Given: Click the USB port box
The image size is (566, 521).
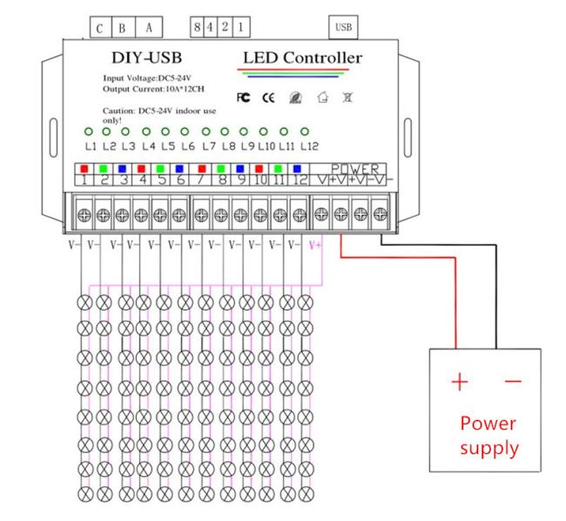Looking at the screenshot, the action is (x=343, y=27).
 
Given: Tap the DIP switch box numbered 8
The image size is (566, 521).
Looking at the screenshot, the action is (x=197, y=27).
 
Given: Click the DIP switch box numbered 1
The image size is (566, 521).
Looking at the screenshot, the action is (x=240, y=27).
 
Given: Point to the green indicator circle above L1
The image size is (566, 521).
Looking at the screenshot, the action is (x=89, y=131).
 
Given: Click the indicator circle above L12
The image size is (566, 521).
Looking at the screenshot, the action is (x=305, y=131).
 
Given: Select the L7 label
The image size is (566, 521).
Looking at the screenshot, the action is (x=209, y=146).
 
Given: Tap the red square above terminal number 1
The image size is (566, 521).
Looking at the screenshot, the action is (x=84, y=169).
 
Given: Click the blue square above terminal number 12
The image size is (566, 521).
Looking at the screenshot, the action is (x=297, y=169).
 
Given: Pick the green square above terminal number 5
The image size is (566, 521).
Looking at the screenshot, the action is (x=160, y=169).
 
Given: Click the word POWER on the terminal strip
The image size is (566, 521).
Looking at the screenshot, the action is (x=355, y=169).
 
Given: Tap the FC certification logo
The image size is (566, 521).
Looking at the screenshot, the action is (x=243, y=97).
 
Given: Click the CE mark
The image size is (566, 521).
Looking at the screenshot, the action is (x=268, y=97).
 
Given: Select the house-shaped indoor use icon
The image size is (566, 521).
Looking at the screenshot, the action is (x=323, y=97).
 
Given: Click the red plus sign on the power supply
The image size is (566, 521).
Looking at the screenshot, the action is (x=460, y=382).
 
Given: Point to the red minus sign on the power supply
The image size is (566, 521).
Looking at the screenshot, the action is (x=513, y=381).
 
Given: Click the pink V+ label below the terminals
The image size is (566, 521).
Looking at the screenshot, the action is (x=314, y=245).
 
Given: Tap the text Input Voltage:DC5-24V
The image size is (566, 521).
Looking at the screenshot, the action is (x=147, y=78).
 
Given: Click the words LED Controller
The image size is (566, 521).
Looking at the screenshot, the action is (x=302, y=57).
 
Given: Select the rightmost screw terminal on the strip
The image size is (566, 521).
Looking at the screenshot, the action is (x=381, y=215).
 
